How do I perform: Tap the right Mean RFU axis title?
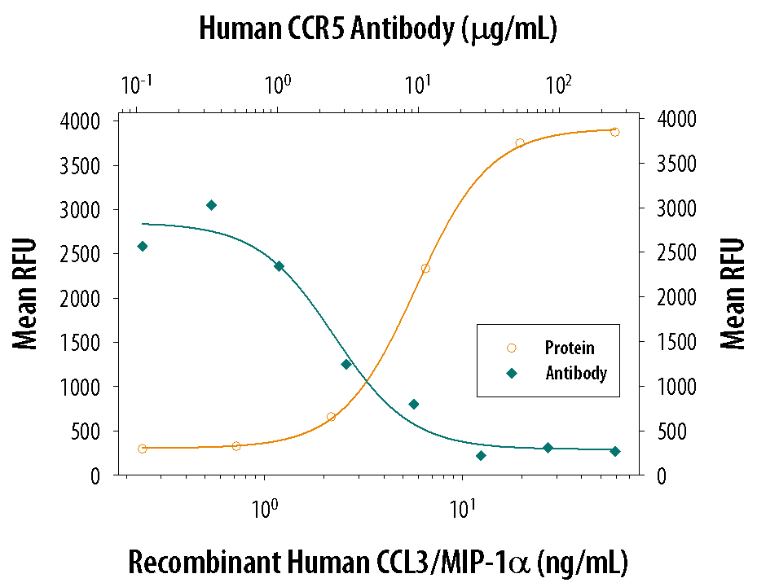pos(733,294)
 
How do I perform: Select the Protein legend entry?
pos(570,348)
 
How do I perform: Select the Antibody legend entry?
pos(575,374)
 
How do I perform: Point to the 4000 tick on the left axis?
pos(81,121)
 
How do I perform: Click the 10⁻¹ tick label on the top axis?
pos(136,84)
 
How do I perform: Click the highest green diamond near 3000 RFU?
pos(211,205)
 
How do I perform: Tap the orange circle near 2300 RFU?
pos(425,269)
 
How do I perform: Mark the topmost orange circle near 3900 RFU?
pos(615,132)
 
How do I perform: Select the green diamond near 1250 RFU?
pos(346,364)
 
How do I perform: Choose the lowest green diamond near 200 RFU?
pos(481,456)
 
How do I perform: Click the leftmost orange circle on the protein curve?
pos(143,449)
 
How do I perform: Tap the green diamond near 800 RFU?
pos(414,404)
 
